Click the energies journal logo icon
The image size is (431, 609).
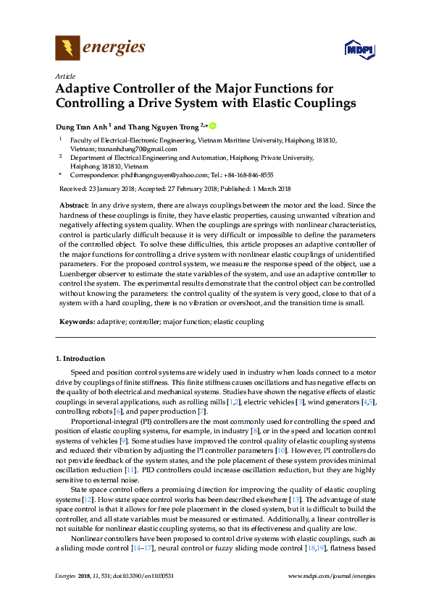(67, 48)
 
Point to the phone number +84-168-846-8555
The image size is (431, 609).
(247, 175)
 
